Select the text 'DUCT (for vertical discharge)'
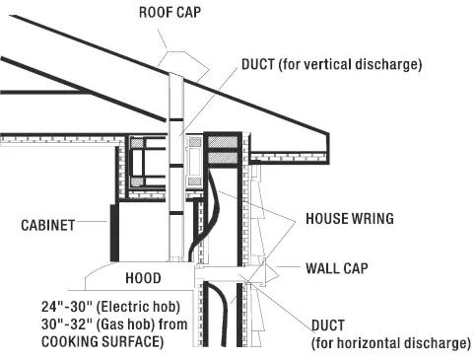(331, 65)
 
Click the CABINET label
(48, 225)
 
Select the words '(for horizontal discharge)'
(391, 343)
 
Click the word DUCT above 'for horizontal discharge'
(327, 325)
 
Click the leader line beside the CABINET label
(96, 224)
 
